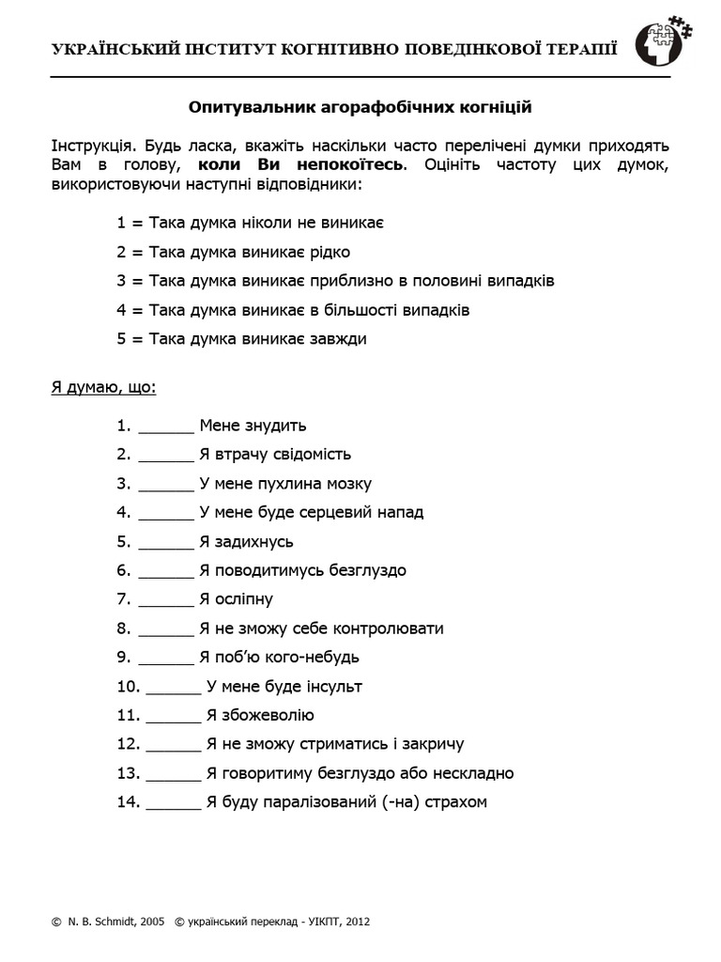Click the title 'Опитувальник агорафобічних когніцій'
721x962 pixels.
coord(360,107)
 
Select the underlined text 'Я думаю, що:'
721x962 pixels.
coord(103,387)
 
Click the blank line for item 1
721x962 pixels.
coord(166,427)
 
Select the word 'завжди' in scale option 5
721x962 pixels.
coord(340,339)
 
